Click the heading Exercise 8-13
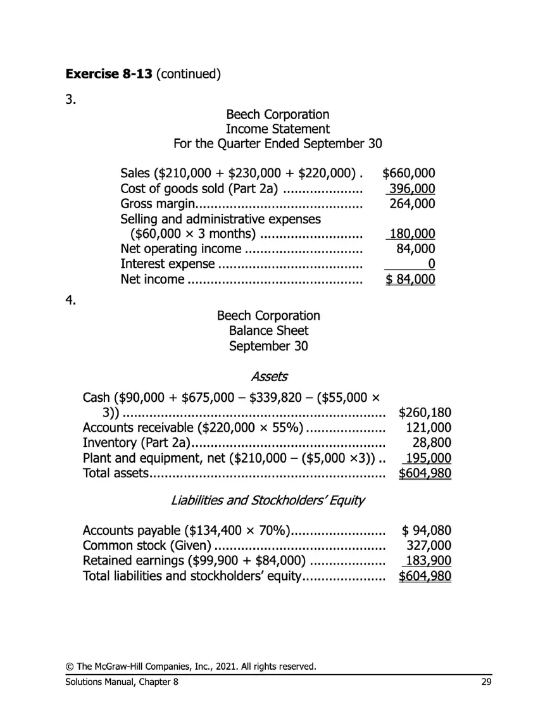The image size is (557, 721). pos(109,74)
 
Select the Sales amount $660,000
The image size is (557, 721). pos(409,173)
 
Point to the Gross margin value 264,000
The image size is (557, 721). pos(413,204)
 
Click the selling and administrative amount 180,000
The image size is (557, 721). pos(412,234)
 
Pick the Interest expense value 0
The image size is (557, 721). pos(431,265)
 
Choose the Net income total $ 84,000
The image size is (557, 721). pos(410,280)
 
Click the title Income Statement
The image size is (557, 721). pos(277,129)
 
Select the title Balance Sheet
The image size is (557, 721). pos(268,330)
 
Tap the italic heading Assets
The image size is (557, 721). pos(269,377)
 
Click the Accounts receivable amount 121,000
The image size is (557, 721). pos(428,428)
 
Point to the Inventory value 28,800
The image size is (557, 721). pos(432,443)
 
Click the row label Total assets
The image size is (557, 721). pos(115,473)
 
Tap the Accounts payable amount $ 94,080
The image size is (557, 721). pos(426,530)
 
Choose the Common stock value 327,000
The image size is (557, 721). pos(428,546)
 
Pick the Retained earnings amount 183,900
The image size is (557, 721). pos(428,561)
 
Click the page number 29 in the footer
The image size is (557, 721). pos(485,682)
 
